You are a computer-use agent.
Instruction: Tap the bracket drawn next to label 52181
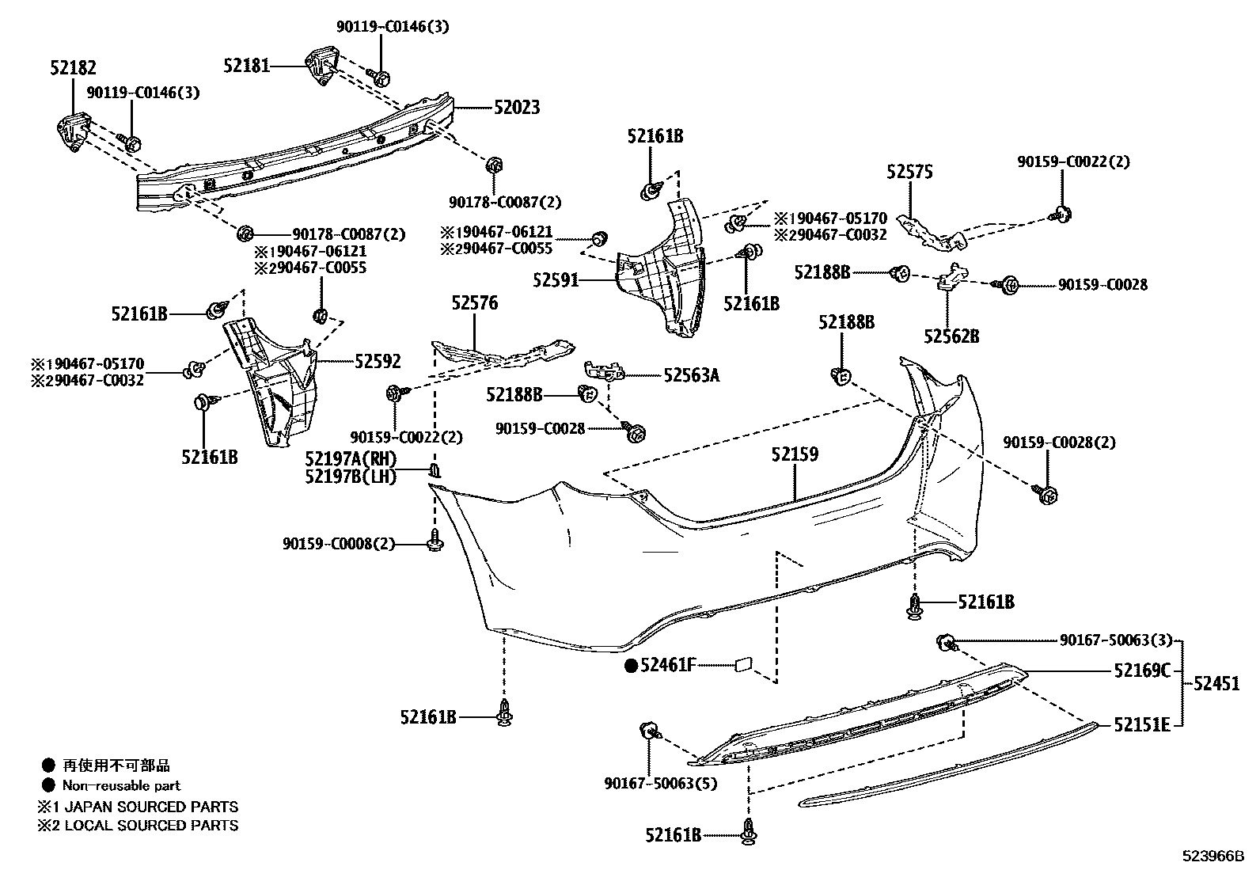323,66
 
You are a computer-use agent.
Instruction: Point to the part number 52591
556,280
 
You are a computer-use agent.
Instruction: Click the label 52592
378,362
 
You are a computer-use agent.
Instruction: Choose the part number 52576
475,302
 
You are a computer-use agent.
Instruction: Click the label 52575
909,171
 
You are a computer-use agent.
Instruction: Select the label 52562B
951,336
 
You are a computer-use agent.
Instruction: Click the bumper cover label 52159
795,454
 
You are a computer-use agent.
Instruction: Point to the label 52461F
668,666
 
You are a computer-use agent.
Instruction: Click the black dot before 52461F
631,666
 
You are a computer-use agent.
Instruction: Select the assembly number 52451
1216,682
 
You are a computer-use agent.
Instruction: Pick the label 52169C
1141,671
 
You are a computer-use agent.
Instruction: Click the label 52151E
1141,724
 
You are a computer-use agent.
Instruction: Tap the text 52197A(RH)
351,459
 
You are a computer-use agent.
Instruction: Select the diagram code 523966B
1213,857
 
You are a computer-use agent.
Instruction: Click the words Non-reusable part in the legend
121,786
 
